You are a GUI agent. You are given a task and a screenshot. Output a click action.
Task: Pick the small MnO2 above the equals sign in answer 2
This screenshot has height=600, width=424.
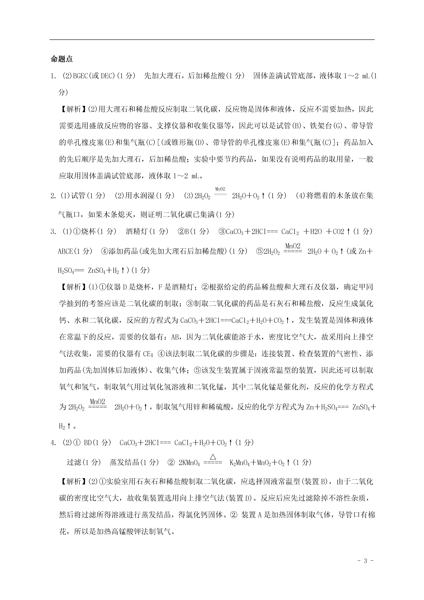coord(220,189)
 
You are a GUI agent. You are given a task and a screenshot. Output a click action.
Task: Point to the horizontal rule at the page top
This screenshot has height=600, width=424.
coord(212,40)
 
